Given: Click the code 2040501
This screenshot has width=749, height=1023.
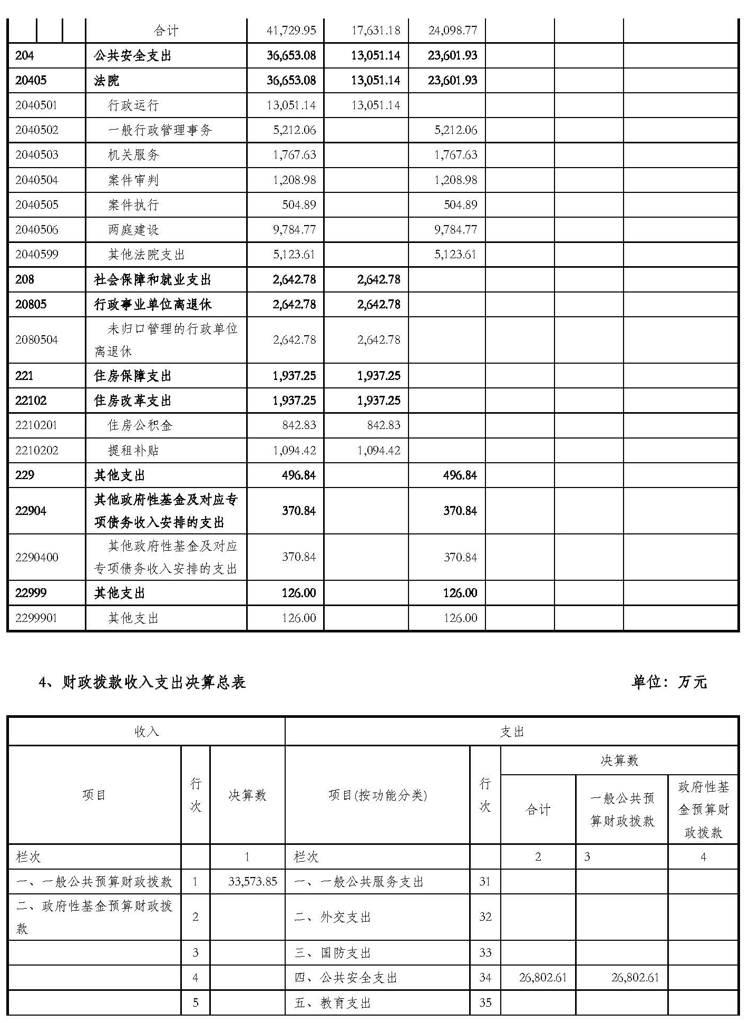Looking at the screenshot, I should [37, 105].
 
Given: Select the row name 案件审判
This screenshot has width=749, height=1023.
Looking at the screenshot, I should [133, 180].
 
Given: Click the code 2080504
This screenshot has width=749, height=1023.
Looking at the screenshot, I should [37, 340].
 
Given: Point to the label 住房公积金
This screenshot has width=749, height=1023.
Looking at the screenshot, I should [140, 425].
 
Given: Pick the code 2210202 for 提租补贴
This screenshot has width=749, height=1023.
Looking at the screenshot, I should [37, 451].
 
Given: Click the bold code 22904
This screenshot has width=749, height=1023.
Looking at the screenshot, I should [31, 511].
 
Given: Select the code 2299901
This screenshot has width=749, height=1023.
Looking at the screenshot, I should [36, 618].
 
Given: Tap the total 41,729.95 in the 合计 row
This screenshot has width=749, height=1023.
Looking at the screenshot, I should [291, 31].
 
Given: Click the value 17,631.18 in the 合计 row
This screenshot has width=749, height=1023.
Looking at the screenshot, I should [375, 31].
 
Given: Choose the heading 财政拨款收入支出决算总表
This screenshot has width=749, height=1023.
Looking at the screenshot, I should [153, 683].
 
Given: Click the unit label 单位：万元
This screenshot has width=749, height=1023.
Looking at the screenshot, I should [669, 683].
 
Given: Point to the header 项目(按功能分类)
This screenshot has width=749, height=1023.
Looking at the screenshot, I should [377, 795].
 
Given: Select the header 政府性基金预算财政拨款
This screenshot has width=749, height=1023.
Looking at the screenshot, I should [703, 810].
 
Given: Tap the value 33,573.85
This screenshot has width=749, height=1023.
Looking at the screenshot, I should [252, 882].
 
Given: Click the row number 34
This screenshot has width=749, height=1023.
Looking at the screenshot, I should [485, 978].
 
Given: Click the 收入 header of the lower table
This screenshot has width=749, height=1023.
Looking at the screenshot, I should [147, 732].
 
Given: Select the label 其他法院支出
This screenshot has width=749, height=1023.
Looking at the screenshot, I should [146, 255].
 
